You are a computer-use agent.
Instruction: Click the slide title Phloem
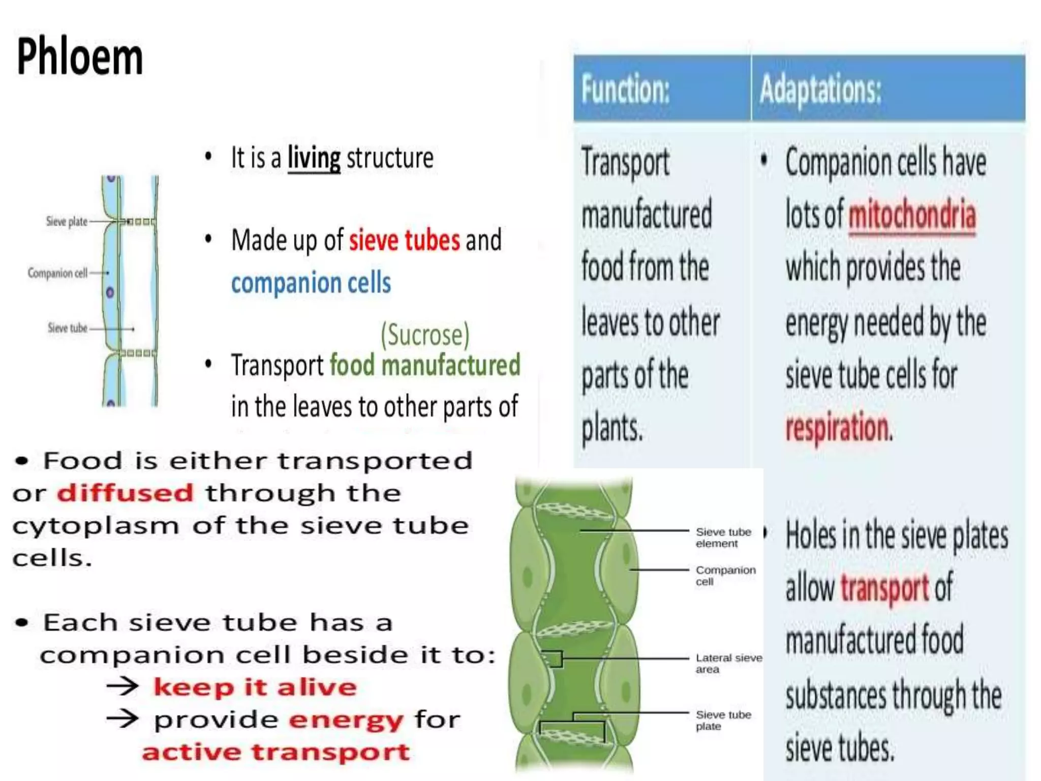(80, 57)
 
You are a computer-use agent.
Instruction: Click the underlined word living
(314, 158)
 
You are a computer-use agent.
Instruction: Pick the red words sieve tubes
(404, 240)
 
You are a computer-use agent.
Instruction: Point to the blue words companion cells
(311, 283)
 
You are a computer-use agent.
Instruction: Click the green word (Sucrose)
(425, 335)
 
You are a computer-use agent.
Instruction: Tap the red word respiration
(838, 428)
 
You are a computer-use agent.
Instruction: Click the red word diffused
(125, 493)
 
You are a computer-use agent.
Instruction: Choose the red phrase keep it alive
(255, 687)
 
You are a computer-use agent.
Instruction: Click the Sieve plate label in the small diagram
(67, 222)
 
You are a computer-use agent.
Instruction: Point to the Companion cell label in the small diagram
(57, 273)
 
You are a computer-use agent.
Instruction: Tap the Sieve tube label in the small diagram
(68, 328)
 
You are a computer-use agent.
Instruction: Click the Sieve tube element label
(723, 537)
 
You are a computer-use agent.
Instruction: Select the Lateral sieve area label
(728, 663)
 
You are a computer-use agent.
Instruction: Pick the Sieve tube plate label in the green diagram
(723, 720)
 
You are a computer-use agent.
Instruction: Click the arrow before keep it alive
(123, 686)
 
